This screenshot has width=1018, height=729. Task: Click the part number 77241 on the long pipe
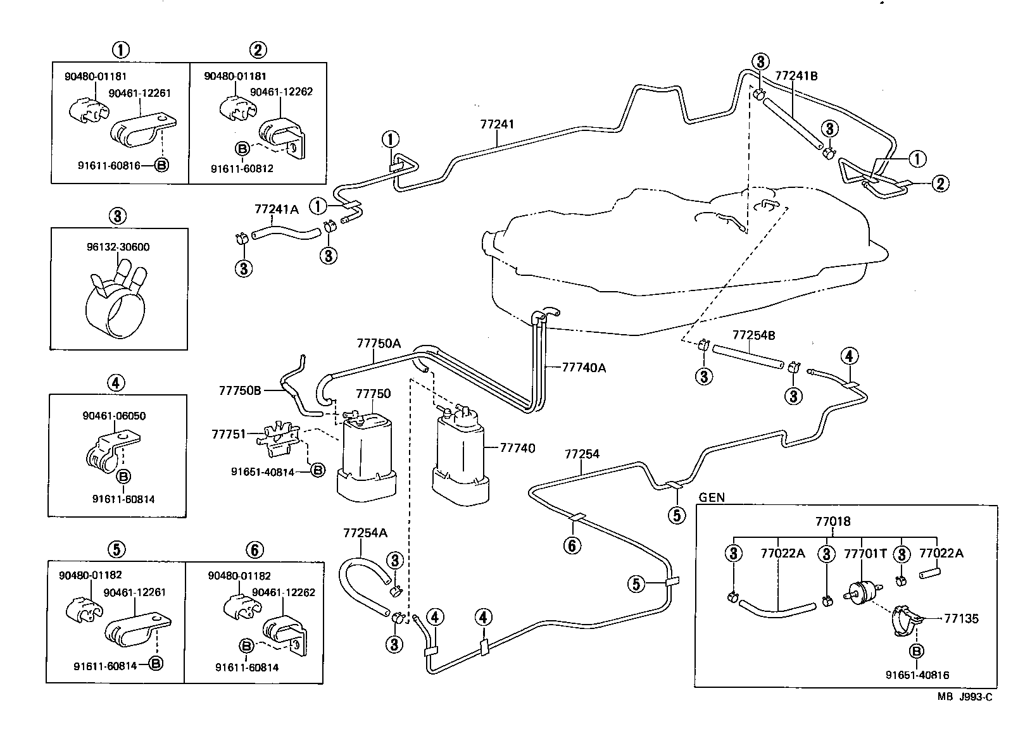coord(497,124)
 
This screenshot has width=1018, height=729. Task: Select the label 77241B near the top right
coord(796,76)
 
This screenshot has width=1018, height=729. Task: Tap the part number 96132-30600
coord(119,247)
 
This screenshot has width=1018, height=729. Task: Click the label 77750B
coord(240,390)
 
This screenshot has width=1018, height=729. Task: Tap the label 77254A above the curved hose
coord(365,532)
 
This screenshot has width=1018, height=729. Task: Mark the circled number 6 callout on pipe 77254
coord(572,545)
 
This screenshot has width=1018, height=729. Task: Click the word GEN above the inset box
coord(712,497)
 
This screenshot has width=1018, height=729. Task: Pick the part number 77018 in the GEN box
coord(833,521)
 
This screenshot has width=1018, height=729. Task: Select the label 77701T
coord(865,554)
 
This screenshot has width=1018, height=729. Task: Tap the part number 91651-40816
coord(917,675)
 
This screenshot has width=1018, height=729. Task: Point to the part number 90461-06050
coord(114,416)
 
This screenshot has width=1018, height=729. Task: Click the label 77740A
coord(584,367)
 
